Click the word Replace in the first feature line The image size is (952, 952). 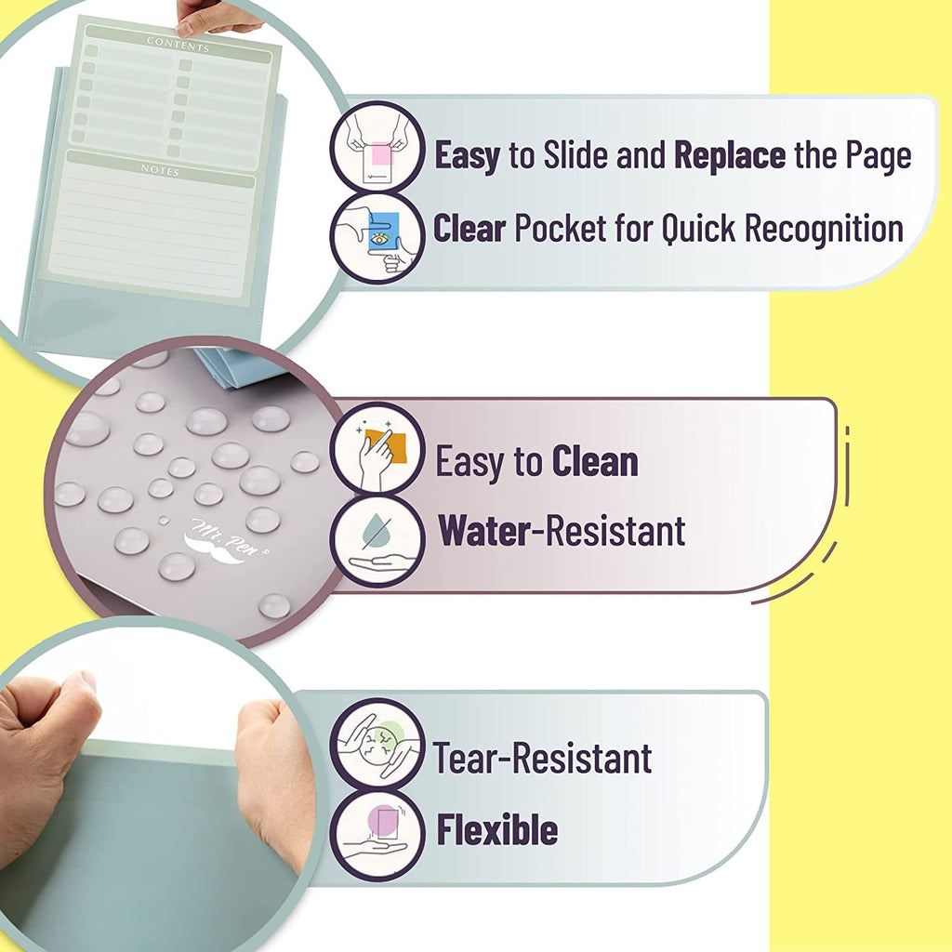click(x=730, y=154)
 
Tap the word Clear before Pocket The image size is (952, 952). click(x=469, y=227)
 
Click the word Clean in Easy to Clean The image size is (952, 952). click(x=595, y=461)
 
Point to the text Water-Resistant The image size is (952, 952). click(x=562, y=530)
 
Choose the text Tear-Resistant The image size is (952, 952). click(x=542, y=759)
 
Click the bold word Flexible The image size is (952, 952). click(x=497, y=829)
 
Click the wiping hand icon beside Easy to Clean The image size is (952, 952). click(x=377, y=448)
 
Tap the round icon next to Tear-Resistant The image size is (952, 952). click(x=377, y=744)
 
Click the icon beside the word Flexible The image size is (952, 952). click(x=377, y=833)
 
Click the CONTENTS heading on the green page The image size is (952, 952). click(x=178, y=44)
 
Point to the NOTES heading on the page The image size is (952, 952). click(x=160, y=171)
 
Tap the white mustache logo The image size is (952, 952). click(x=215, y=546)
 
